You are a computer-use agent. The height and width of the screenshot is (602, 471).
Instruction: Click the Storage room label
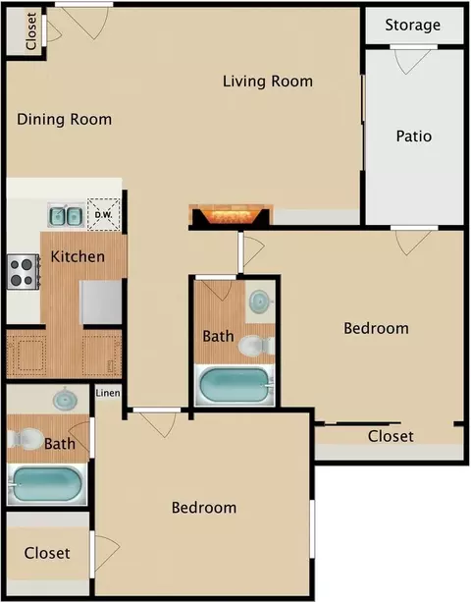(x=413, y=26)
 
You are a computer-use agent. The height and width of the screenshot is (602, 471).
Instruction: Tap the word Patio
(x=414, y=136)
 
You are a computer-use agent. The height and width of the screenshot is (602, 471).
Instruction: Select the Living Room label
(x=268, y=82)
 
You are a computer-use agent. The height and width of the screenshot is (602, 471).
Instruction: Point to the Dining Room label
(x=65, y=120)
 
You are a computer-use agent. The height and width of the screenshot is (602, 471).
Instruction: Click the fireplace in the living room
(x=231, y=216)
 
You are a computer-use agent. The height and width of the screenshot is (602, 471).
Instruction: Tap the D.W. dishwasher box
(x=104, y=214)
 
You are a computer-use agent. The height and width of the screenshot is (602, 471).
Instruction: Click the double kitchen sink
(x=66, y=215)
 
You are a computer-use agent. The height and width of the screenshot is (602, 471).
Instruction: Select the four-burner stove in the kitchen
(x=23, y=271)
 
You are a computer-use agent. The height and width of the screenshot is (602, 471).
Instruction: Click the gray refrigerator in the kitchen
(x=100, y=302)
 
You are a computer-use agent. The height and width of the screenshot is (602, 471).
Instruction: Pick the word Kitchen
(x=78, y=256)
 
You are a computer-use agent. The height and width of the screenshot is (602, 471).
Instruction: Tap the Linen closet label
(x=108, y=393)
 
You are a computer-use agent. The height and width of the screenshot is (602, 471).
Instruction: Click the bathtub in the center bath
(x=235, y=385)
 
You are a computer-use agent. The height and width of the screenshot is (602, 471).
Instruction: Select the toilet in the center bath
(x=256, y=346)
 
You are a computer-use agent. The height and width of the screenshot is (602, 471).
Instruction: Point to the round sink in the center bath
(x=261, y=300)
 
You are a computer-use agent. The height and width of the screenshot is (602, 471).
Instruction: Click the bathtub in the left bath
(x=47, y=484)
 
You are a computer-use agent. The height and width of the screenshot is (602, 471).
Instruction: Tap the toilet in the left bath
(x=26, y=439)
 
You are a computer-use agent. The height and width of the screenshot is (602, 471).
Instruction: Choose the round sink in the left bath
(x=65, y=400)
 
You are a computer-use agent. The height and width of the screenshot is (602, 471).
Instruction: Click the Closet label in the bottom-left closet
(x=47, y=553)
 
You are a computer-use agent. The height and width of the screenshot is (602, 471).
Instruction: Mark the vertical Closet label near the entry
(x=30, y=31)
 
